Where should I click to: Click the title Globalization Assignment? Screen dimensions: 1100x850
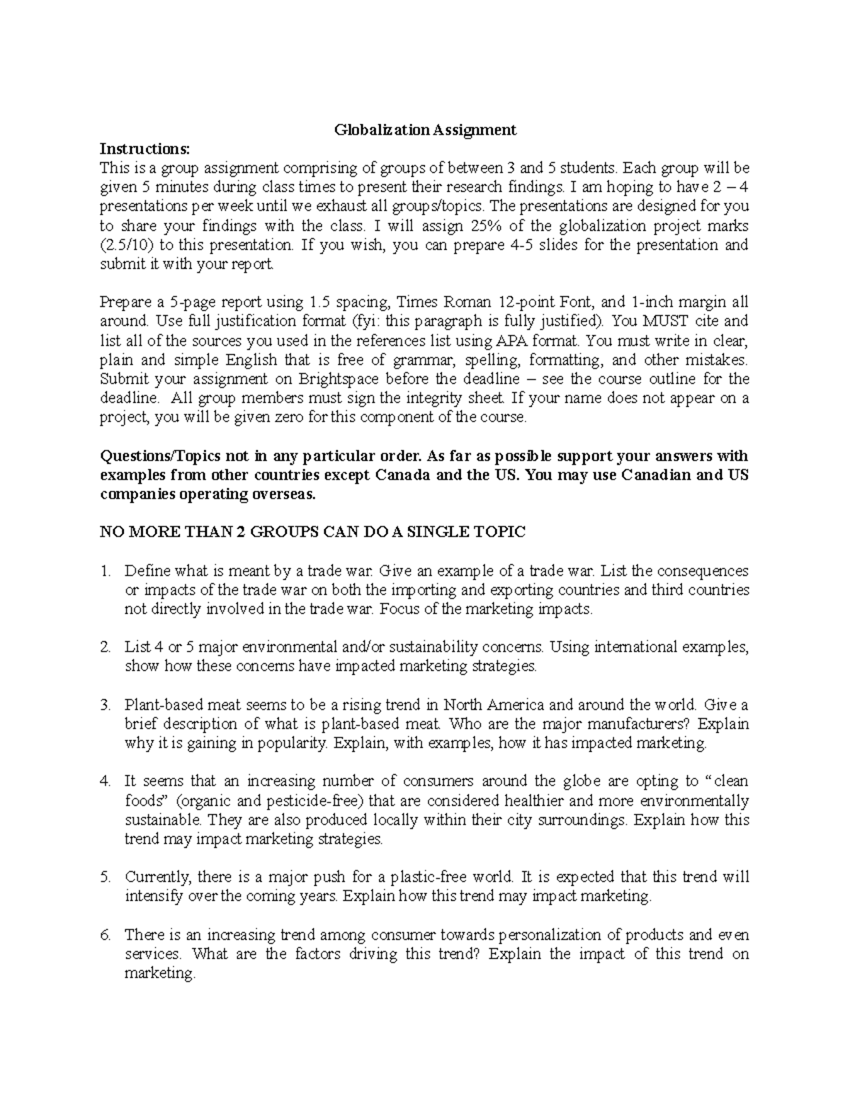point(425,130)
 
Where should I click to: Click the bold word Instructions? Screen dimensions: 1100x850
point(144,149)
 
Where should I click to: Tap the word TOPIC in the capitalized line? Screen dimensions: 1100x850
point(501,532)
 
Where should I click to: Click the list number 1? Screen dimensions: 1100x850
point(105,571)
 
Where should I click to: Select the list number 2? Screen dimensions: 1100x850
point(105,647)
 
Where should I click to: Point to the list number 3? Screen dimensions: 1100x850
point(105,705)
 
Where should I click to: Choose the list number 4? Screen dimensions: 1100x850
point(105,781)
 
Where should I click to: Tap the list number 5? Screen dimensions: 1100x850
point(105,877)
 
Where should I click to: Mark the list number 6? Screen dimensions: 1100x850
point(105,935)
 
